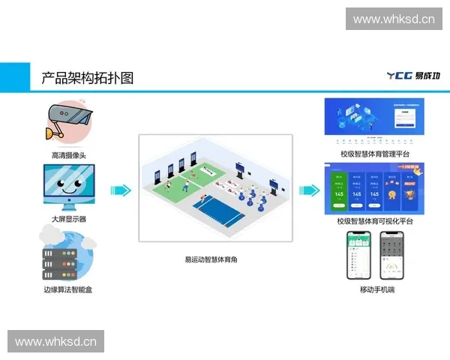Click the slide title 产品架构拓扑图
click(x=87, y=77)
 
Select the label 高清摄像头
click(x=68, y=155)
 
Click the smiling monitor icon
click(x=68, y=187)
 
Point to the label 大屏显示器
click(x=68, y=220)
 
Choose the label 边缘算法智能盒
click(x=68, y=289)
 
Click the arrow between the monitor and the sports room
click(x=121, y=190)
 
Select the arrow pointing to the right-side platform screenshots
click(x=309, y=190)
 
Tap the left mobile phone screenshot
click(x=358, y=255)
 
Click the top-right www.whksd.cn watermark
click(x=393, y=19)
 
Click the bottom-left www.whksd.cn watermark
click(x=56, y=342)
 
